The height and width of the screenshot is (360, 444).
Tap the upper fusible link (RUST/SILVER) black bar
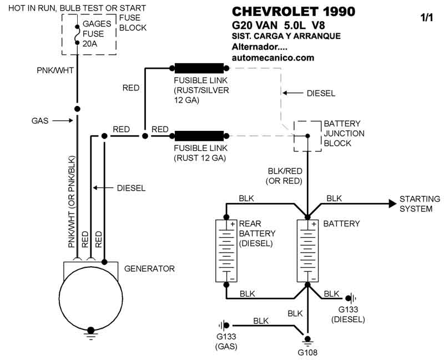point(199,69)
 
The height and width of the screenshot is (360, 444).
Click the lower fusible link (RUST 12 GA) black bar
point(199,135)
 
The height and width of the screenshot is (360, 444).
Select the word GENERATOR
point(149,269)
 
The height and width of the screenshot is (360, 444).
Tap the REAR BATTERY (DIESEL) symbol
point(226,250)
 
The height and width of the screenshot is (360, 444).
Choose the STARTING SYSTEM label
point(420,204)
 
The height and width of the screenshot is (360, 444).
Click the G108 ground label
point(307,351)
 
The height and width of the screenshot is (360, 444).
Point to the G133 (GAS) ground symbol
point(225,325)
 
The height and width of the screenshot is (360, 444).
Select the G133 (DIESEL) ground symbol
point(348,298)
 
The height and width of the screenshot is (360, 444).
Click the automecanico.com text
point(273,58)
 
